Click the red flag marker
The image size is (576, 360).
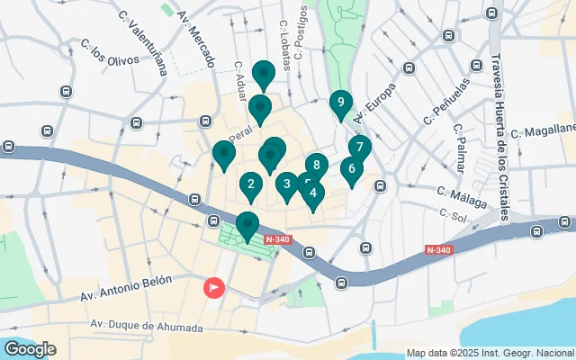(x=214, y=287)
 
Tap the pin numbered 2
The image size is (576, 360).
(x=251, y=185)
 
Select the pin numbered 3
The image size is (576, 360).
(x=286, y=184)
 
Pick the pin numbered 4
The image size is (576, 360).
(x=312, y=192)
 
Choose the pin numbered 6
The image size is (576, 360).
(x=351, y=168)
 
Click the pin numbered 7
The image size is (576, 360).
(x=359, y=147)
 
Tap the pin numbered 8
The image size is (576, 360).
(x=316, y=165)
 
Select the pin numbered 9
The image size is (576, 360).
(x=340, y=103)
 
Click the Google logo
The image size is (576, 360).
(x=30, y=348)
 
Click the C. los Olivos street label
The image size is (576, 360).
(x=110, y=51)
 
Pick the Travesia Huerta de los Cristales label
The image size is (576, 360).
(x=499, y=130)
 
